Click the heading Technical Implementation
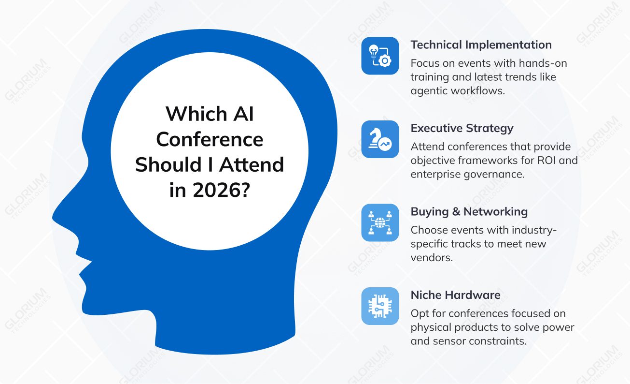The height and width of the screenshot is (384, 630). click(x=481, y=45)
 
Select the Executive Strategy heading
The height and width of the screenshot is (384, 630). click(x=462, y=128)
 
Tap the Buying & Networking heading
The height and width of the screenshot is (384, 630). click(x=469, y=211)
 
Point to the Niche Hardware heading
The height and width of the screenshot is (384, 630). click(x=455, y=295)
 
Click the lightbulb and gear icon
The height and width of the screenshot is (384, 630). click(x=380, y=56)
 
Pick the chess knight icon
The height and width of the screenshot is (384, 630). click(x=380, y=139)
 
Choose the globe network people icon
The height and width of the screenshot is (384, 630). click(x=380, y=222)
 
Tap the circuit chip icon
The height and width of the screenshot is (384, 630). click(x=380, y=306)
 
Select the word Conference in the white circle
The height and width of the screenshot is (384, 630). click(x=210, y=139)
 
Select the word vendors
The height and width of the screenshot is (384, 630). click(x=432, y=257)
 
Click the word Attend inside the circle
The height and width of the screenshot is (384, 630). click(x=252, y=165)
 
